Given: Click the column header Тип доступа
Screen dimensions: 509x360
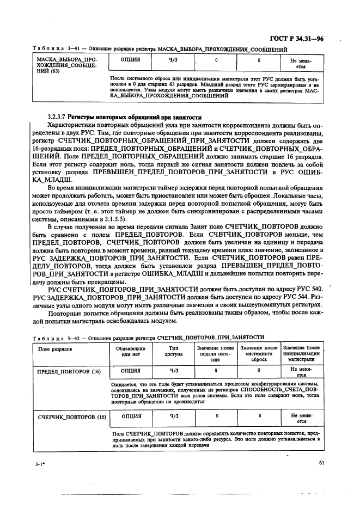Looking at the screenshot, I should coord(174,352).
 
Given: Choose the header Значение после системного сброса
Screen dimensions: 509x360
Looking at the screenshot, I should coord(259,354).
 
